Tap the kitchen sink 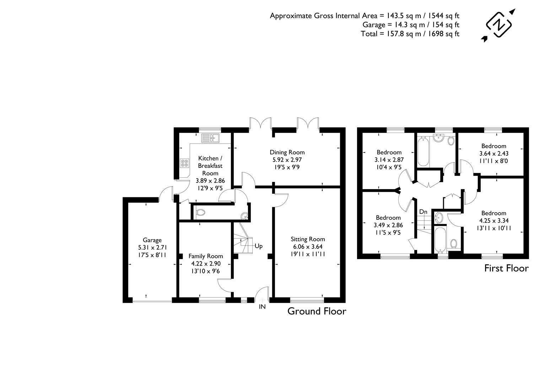(x=210, y=137)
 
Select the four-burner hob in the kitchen (x=185, y=163)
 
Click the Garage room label (x=152, y=240)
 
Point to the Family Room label (x=206, y=256)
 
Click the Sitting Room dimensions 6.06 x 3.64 (x=308, y=246)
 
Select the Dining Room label (x=287, y=153)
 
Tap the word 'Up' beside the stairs (x=258, y=246)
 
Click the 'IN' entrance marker (x=262, y=306)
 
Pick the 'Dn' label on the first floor (x=423, y=212)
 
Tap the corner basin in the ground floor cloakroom (x=244, y=216)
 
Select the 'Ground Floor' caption (x=317, y=311)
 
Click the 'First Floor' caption (x=506, y=268)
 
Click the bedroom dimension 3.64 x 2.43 (x=494, y=153)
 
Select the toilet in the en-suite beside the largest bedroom (x=453, y=244)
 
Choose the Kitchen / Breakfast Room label (x=210, y=166)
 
